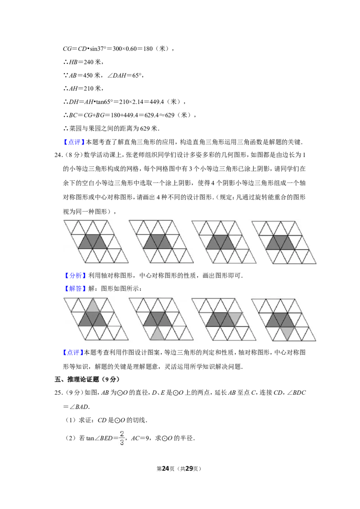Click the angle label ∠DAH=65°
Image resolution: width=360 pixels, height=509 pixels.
click(x=125, y=75)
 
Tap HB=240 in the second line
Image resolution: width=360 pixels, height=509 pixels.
click(x=81, y=62)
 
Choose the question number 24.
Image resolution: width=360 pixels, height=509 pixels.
click(x=58, y=155)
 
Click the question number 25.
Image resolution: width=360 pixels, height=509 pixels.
click(x=58, y=393)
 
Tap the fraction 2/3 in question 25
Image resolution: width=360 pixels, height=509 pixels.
click(x=122, y=438)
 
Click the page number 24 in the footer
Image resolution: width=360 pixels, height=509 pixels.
click(x=166, y=469)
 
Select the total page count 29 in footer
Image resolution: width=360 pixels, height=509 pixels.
click(x=189, y=469)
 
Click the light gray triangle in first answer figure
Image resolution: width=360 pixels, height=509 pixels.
click(x=93, y=306)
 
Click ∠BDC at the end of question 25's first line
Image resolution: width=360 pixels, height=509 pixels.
click(x=296, y=393)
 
